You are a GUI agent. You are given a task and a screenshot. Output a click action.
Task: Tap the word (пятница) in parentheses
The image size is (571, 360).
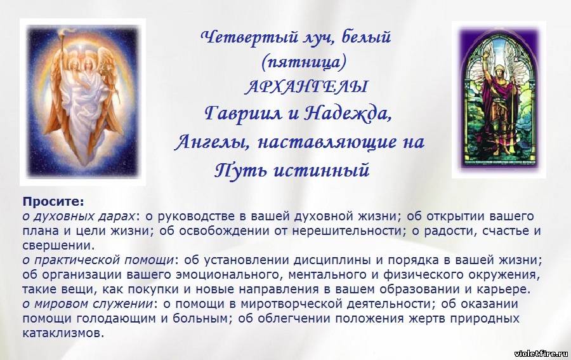click(x=303, y=62)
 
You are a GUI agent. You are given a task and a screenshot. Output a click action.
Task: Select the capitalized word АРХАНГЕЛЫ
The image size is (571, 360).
click(x=306, y=87)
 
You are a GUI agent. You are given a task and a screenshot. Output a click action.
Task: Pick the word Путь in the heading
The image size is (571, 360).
click(x=240, y=170)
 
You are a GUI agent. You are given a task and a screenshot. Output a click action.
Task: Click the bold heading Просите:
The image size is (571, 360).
click(x=53, y=201)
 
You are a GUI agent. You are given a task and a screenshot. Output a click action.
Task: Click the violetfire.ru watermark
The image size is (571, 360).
click(x=541, y=354)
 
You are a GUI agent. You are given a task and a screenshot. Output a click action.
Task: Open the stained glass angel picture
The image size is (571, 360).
click(x=499, y=100)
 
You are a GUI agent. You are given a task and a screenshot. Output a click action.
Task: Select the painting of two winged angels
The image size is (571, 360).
click(x=83, y=102)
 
